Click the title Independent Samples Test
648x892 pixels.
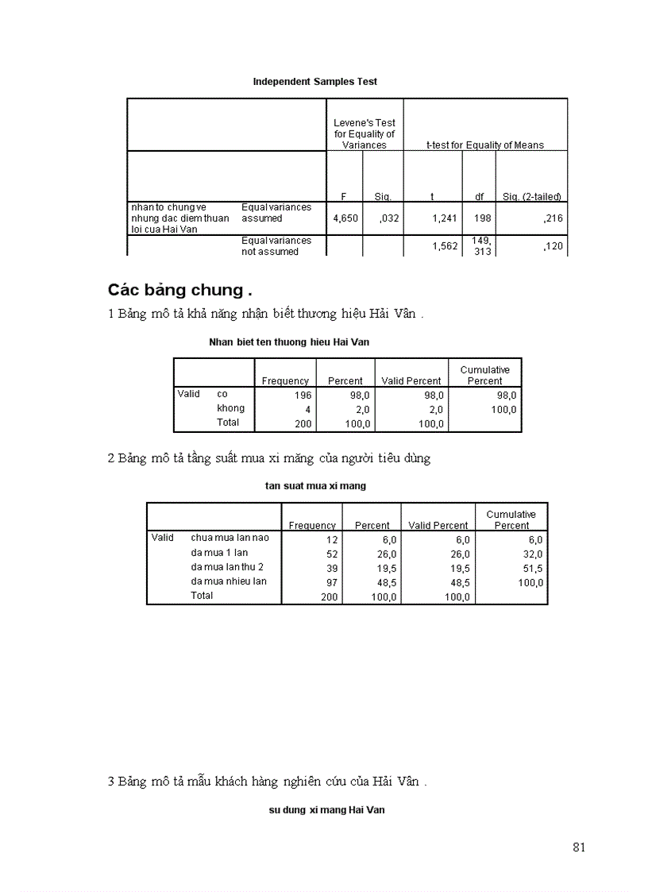(314, 81)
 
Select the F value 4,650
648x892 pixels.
(344, 218)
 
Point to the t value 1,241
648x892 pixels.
(445, 218)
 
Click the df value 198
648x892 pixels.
(482, 218)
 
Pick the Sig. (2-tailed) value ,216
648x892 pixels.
(553, 218)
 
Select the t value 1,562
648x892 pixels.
(445, 246)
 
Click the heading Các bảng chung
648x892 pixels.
(179, 289)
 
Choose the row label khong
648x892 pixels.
(230, 408)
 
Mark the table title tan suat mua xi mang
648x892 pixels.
(315, 485)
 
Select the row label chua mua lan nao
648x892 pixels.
(229, 538)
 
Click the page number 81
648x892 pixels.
(578, 847)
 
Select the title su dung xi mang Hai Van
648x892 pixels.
(326, 811)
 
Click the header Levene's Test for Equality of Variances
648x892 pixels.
(364, 134)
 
